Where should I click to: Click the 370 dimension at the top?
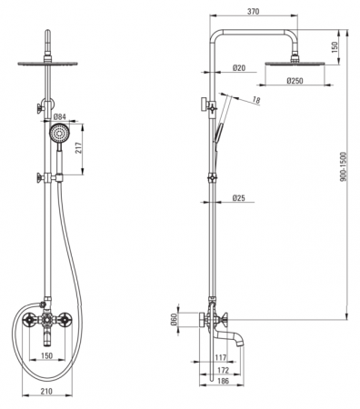coord(254,12)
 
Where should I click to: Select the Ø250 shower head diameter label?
coord(295,81)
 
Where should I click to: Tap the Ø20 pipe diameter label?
coord(239,68)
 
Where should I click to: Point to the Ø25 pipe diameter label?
coord(239,198)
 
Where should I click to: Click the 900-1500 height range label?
coord(343,167)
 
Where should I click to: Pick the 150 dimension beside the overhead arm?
coord(335,47)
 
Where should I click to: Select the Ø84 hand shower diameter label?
coord(60,116)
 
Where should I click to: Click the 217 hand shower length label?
coord(79,148)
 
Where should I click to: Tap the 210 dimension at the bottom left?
coord(46,391)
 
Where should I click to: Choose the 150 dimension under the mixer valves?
coord(46,355)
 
